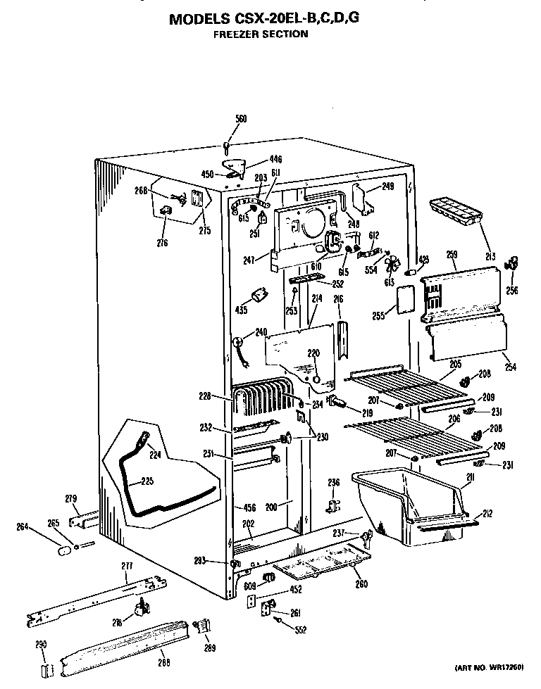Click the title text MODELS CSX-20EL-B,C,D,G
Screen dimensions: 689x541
264,19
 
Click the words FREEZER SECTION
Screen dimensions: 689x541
261,34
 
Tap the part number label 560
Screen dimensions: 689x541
241,120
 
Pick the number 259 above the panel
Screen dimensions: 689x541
452,254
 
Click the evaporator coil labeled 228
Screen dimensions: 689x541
264,401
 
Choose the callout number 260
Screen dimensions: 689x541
361,583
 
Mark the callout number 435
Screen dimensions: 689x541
241,310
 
